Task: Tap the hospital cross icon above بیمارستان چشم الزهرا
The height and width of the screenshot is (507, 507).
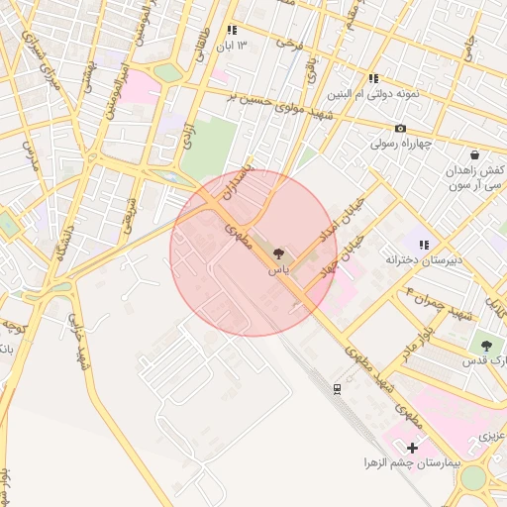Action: coord(412,449)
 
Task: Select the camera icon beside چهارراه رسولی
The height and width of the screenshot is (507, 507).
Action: coord(400,129)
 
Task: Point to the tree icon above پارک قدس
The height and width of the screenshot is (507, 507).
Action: coord(486,345)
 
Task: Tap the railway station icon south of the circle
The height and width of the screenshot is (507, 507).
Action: coord(338,388)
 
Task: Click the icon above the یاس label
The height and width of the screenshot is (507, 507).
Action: coord(278,255)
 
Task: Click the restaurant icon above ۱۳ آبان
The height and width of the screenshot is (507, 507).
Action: coord(232,31)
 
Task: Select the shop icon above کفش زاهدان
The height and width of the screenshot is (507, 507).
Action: coord(474,155)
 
